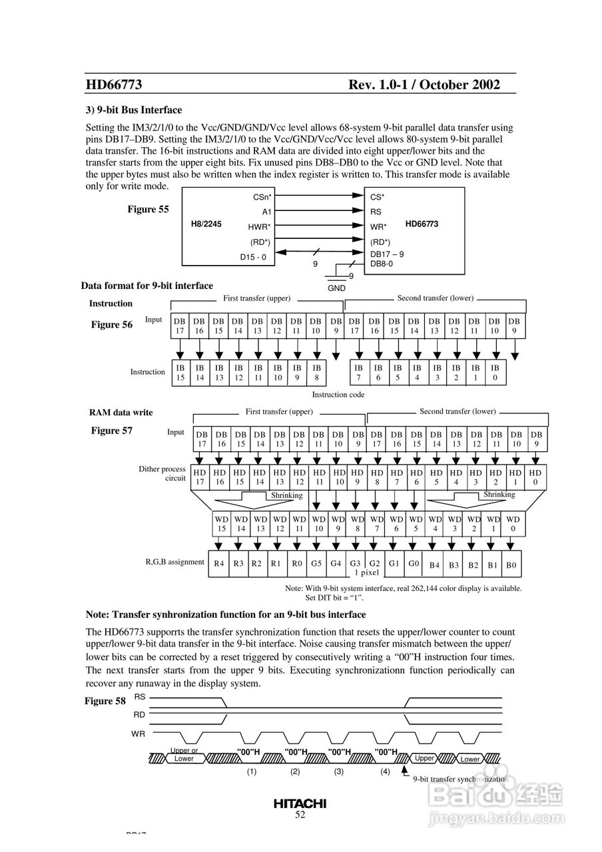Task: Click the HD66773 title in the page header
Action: pos(114,85)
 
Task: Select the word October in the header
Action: pos(438,85)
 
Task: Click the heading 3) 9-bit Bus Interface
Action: pos(134,110)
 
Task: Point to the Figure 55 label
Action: pos(148,209)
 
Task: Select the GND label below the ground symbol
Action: pos(337,288)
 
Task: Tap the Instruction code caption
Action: pos(338,394)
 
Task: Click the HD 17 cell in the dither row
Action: pos(200,477)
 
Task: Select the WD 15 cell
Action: pos(222,524)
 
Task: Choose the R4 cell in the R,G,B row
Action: pos(219,564)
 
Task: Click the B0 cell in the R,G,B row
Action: pos(511,565)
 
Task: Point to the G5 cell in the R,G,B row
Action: pos(316,563)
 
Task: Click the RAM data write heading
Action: pos(121,413)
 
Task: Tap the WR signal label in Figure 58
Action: pos(139,734)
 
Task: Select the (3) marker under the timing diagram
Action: pos(339,772)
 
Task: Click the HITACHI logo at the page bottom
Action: pos(300,803)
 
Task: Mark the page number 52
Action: pos(300,815)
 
